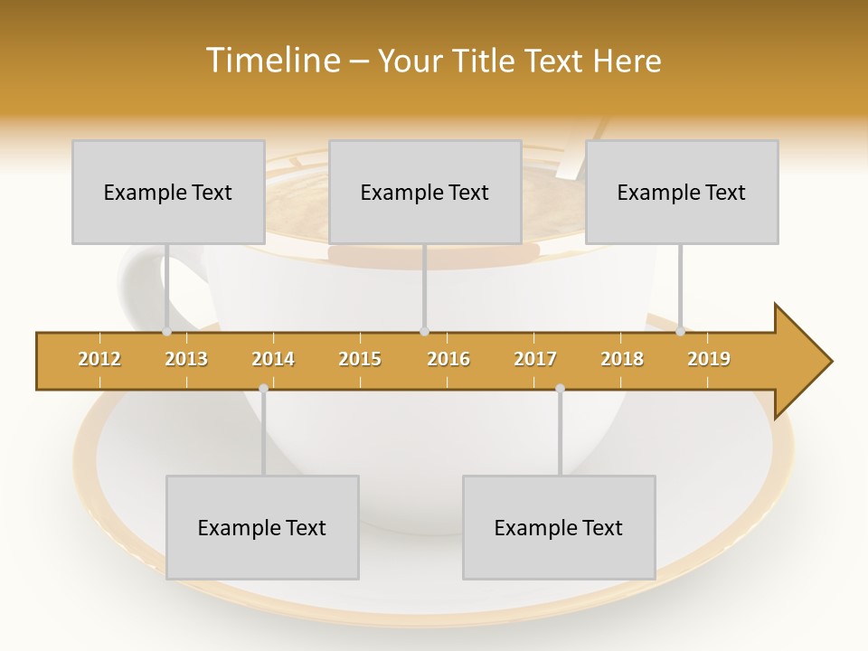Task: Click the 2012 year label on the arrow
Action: click(99, 359)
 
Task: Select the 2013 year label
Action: click(186, 359)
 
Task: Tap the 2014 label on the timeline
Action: click(273, 359)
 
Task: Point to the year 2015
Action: click(360, 359)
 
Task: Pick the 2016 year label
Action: click(448, 359)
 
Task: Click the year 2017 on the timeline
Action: click(535, 359)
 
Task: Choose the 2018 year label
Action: click(622, 359)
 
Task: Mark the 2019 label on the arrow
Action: click(709, 359)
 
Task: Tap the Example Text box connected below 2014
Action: click(262, 527)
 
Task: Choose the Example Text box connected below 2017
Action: click(559, 527)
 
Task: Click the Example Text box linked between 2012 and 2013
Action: click(168, 192)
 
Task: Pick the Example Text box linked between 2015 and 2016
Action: click(425, 192)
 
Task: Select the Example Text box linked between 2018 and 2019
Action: click(682, 192)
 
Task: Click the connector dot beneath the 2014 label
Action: click(263, 388)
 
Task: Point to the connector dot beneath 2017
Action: click(560, 388)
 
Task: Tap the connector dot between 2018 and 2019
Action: click(680, 331)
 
